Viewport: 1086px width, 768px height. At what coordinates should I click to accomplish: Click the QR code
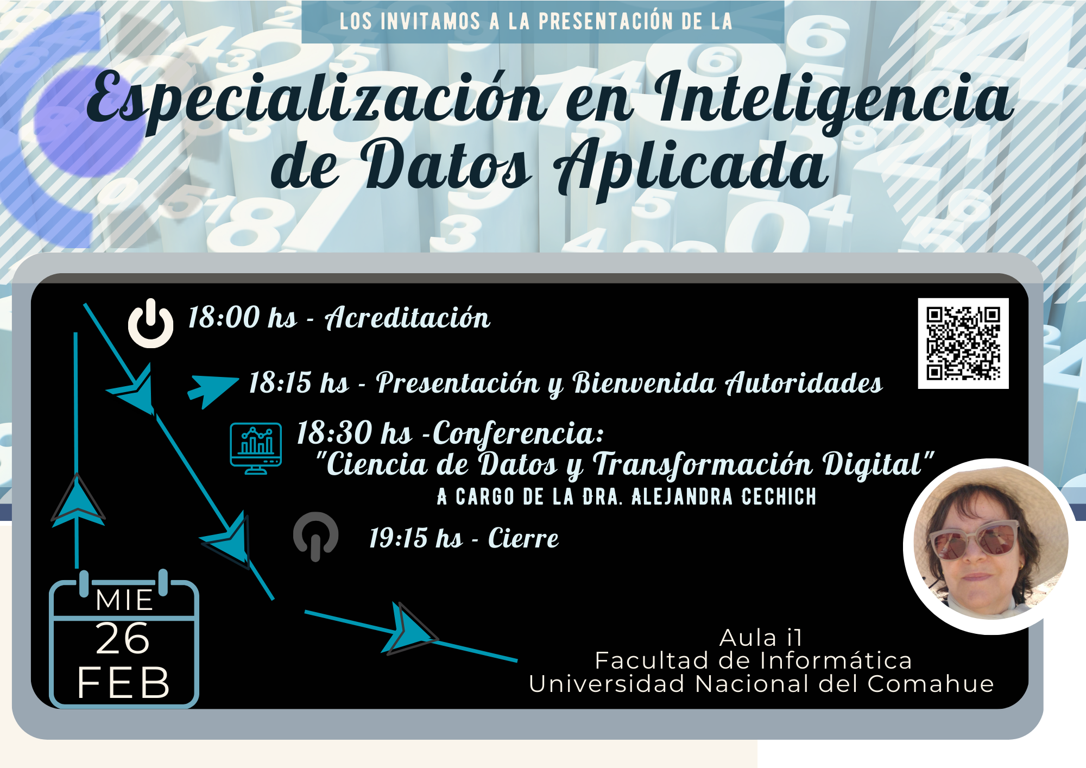(x=963, y=343)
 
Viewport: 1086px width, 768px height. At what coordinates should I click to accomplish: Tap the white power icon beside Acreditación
(x=150, y=323)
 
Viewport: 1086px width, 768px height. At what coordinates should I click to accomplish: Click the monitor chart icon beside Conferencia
(x=256, y=448)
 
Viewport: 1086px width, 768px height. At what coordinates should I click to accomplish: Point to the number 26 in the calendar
(x=123, y=639)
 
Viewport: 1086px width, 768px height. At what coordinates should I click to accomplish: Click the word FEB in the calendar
(x=124, y=683)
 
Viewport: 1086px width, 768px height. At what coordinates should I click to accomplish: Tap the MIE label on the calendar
(x=124, y=600)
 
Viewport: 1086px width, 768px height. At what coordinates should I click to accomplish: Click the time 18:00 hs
(x=243, y=317)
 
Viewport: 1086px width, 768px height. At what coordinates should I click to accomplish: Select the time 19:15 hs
(x=416, y=538)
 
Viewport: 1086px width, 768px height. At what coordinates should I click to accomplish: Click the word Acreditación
(x=408, y=318)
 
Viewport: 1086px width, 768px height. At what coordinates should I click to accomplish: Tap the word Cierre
(x=523, y=538)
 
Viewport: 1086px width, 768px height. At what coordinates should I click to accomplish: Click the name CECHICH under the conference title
(x=779, y=496)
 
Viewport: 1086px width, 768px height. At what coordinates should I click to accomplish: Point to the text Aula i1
(x=761, y=638)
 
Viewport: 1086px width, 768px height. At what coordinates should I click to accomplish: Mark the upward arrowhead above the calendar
(x=78, y=500)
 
